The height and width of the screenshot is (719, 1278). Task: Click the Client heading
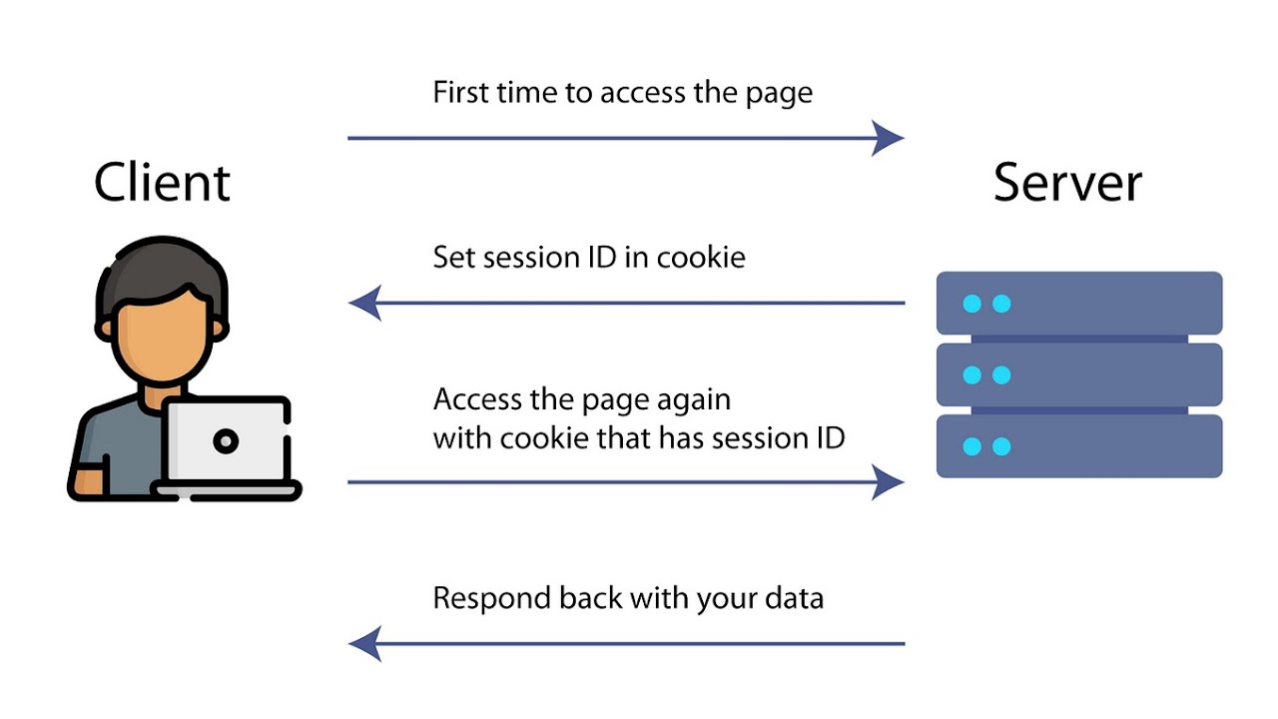point(162,183)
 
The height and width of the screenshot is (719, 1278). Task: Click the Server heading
point(1067,183)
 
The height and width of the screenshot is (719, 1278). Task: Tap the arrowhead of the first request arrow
point(888,138)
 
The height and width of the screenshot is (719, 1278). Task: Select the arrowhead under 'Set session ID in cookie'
point(365,303)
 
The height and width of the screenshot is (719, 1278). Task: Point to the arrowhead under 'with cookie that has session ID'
point(888,482)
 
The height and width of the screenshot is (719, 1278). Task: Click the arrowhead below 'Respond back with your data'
point(365,644)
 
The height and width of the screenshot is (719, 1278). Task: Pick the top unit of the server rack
point(1079,304)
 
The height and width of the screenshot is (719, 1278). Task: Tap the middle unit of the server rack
point(1079,374)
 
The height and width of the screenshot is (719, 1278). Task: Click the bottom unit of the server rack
point(1079,446)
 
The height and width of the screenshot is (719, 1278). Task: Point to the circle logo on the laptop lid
point(227,440)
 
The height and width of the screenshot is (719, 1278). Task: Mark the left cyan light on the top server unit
point(971,304)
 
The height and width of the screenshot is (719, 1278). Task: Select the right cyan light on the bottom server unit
point(1001,446)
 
